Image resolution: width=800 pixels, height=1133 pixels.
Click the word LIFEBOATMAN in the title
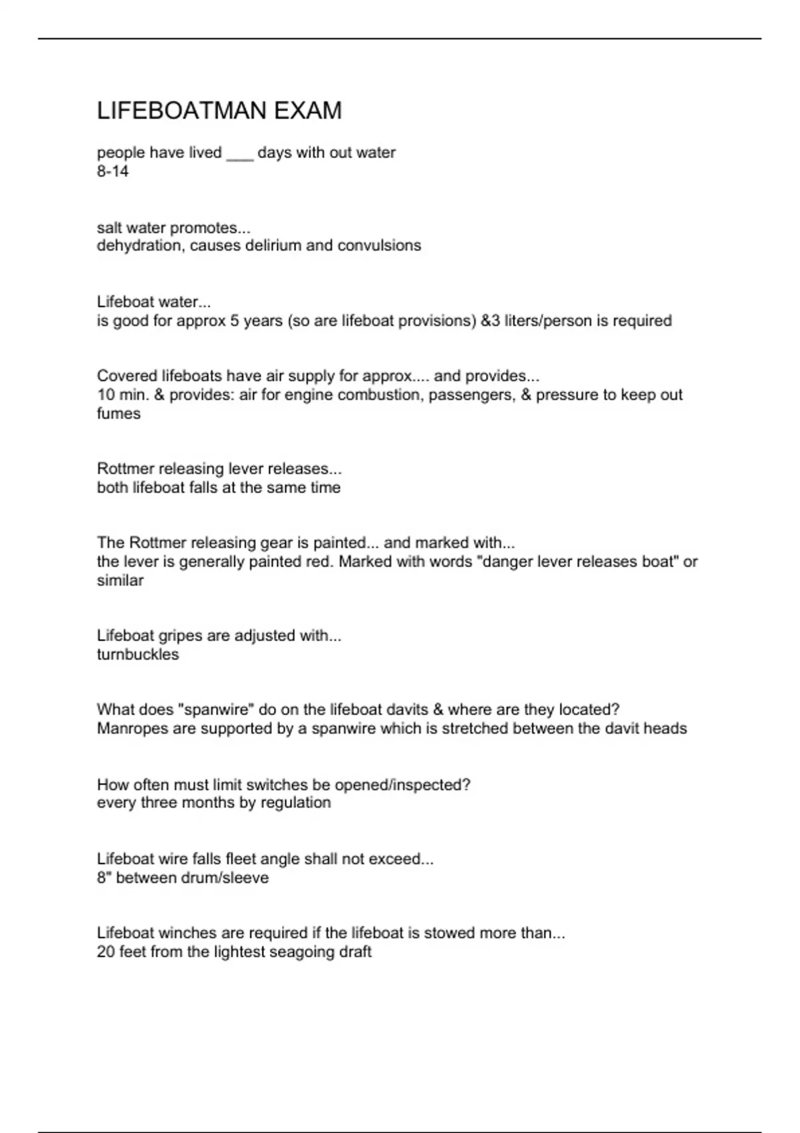coord(182,111)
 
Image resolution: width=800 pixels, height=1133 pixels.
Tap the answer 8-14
coord(113,171)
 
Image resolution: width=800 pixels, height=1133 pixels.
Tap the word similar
coord(120,580)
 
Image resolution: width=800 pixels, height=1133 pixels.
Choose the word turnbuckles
coord(138,654)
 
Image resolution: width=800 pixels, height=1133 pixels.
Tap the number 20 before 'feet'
coord(106,952)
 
